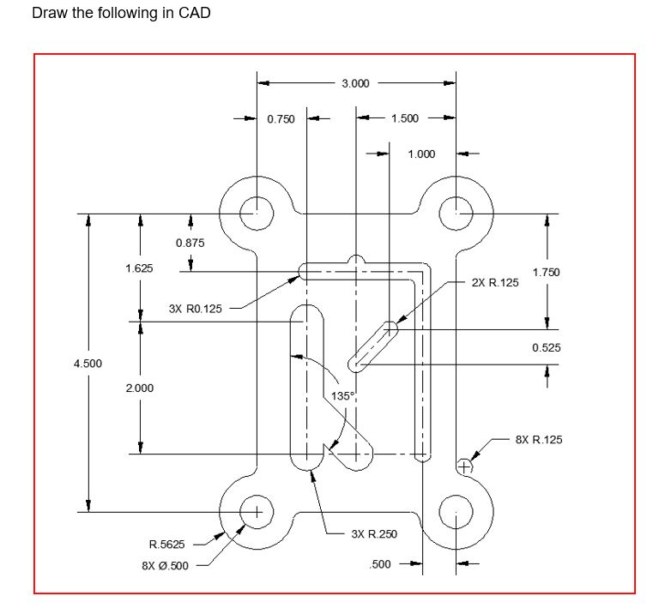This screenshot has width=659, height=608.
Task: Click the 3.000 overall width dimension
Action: [355, 83]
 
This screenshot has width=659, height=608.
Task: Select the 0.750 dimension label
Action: [281, 119]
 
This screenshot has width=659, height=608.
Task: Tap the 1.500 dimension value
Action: [405, 118]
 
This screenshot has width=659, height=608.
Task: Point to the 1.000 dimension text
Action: [421, 154]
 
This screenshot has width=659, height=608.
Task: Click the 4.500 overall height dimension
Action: [88, 363]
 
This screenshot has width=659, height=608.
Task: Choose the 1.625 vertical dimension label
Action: [139, 268]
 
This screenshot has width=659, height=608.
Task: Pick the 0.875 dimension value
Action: [190, 243]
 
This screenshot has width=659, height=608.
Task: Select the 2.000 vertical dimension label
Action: [139, 388]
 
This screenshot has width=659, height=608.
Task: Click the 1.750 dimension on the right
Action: [546, 272]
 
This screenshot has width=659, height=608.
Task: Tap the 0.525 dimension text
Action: [546, 347]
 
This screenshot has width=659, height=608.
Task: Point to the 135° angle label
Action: [342, 396]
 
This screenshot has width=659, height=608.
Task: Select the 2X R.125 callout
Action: [495, 282]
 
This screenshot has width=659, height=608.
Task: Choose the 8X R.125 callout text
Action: [539, 439]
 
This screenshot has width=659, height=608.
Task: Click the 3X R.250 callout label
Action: [374, 534]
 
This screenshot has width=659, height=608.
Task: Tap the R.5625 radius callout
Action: [166, 545]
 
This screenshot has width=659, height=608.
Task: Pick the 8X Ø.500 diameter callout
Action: [165, 565]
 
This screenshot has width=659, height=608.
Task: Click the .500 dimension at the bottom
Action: [379, 563]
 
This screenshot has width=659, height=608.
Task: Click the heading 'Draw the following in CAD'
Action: [121, 14]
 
